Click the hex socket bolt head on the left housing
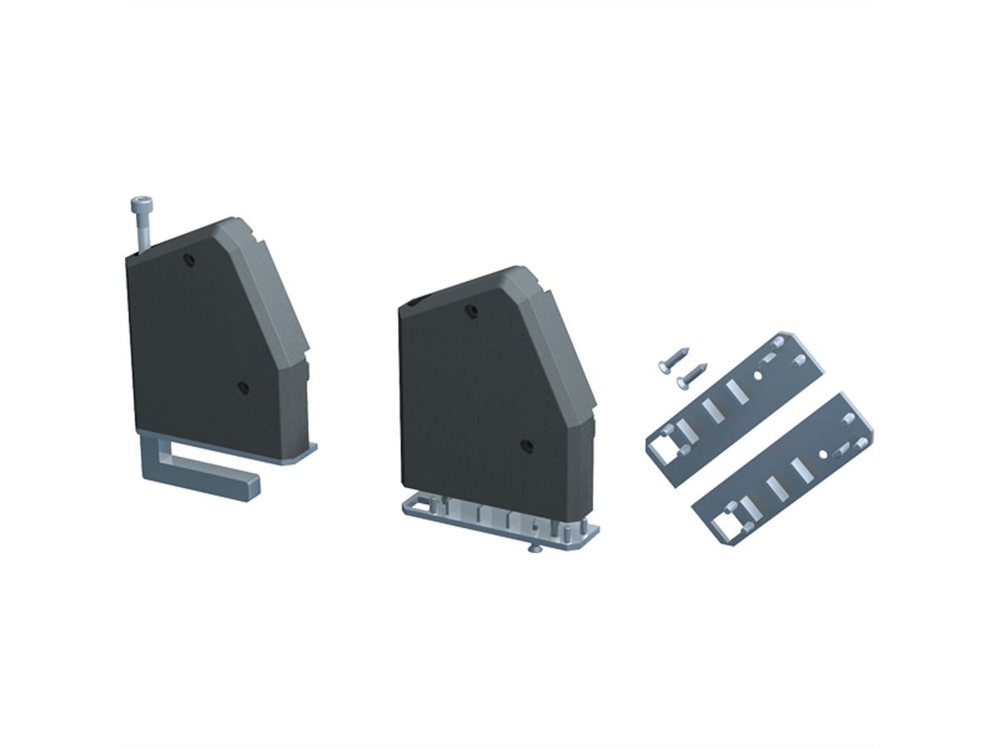coord(140,205)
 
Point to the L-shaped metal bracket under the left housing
coord(200,470)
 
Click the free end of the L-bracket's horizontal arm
coord(250,485)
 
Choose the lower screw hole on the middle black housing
coord(525,446)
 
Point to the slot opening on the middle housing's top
coord(416,300)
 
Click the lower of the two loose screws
coord(690,375)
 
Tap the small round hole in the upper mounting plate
coord(759,374)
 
